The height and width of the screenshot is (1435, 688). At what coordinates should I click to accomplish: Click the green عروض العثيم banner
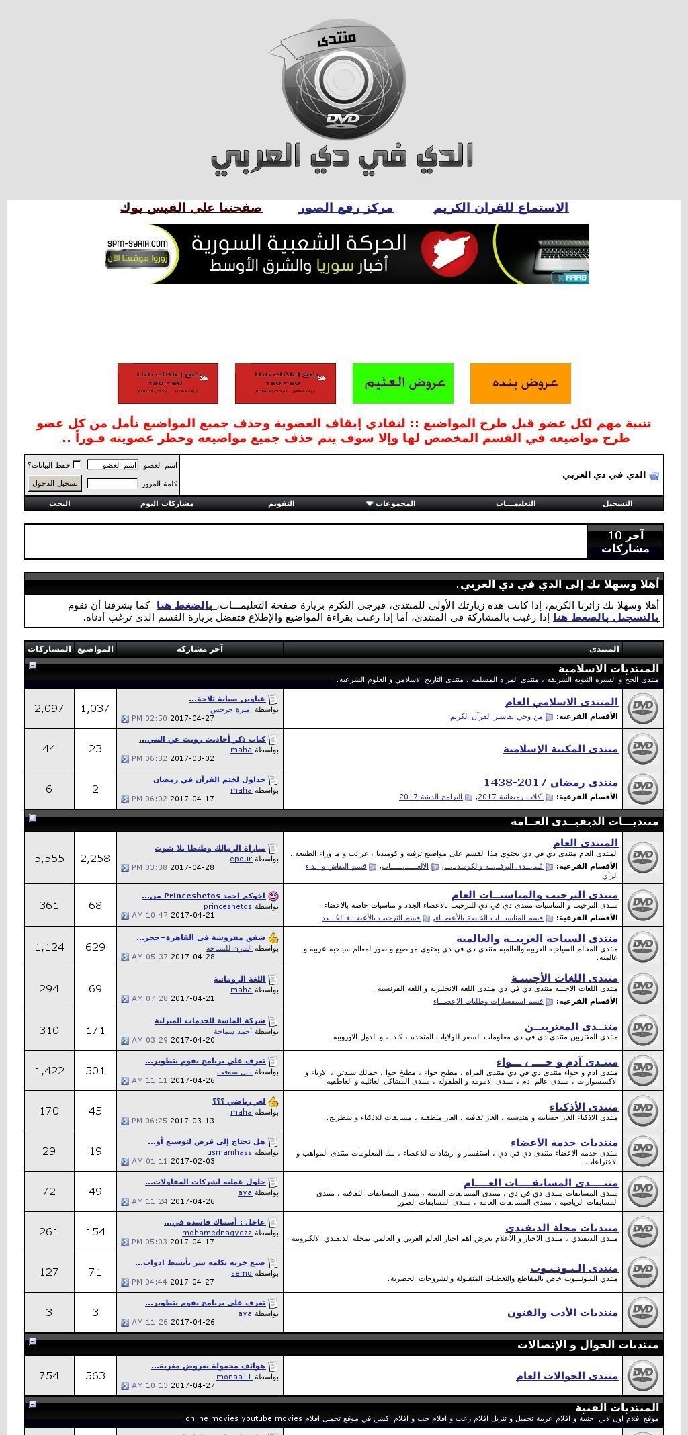(402, 383)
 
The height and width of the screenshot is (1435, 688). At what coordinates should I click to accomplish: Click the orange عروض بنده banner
(520, 383)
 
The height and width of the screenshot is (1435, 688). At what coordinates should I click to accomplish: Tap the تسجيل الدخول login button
(54, 483)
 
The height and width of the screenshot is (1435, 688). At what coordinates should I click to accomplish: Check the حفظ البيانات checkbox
(77, 464)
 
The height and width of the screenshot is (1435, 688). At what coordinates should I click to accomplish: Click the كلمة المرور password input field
(112, 483)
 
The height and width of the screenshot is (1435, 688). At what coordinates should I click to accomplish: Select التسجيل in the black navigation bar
(617, 503)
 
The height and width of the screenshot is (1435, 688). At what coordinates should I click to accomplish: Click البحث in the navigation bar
(59, 503)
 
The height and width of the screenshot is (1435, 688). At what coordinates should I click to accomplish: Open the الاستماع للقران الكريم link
(501, 208)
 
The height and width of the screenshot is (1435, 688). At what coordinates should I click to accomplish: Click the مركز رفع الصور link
(345, 208)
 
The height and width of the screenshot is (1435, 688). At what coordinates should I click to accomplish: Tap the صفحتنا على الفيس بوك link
(191, 208)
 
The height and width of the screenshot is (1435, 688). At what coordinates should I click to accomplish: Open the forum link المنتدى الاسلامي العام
(561, 702)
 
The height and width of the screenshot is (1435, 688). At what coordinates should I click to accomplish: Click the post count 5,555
(49, 858)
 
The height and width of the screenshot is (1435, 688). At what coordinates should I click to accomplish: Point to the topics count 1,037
(95, 708)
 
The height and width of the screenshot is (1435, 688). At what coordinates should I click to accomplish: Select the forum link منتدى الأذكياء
(583, 1106)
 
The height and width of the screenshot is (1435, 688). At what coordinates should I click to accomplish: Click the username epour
(241, 859)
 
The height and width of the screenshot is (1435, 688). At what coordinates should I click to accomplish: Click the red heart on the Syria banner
(449, 253)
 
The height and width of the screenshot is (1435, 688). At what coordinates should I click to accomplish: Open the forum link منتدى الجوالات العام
(566, 1376)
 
